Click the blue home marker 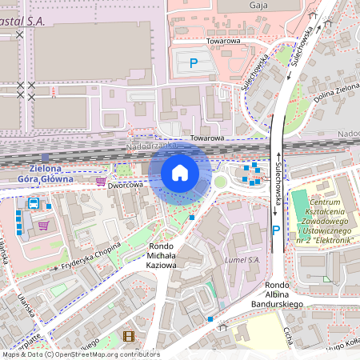[x=180, y=173]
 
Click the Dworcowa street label [x=124, y=185]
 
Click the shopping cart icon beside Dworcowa [x=100, y=182]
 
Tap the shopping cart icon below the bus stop [x=43, y=225]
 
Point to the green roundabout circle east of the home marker [x=220, y=182]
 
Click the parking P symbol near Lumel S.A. [x=276, y=230]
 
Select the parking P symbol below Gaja [x=192, y=62]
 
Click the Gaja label [x=258, y=6]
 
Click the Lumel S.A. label [x=243, y=260]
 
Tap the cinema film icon [x=129, y=337]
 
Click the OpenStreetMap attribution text [x=80, y=354]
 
